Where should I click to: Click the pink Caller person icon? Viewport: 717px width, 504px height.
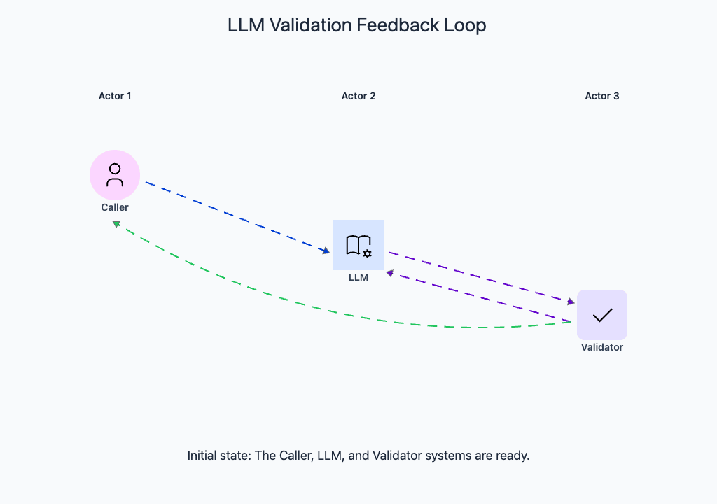pyautogui.click(x=115, y=174)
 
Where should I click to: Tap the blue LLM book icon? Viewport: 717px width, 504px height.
pyautogui.click(x=358, y=245)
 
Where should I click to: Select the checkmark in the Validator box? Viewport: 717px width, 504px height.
pyautogui.click(x=602, y=315)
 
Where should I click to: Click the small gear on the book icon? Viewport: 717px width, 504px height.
pyautogui.click(x=367, y=253)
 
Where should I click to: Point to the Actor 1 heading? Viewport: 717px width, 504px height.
pyautogui.click(x=115, y=96)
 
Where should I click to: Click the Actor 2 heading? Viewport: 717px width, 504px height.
pyautogui.click(x=358, y=96)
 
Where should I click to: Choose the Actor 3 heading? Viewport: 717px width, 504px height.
pyautogui.click(x=602, y=96)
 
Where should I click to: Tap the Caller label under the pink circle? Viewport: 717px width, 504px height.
pyautogui.click(x=115, y=207)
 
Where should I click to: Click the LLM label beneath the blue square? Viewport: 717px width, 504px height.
pyautogui.click(x=358, y=277)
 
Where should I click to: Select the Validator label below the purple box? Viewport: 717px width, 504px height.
pyautogui.click(x=602, y=347)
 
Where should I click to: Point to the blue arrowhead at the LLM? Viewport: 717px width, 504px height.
pyautogui.click(x=326, y=251)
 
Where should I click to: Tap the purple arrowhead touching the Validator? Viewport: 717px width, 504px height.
pyautogui.click(x=571, y=302)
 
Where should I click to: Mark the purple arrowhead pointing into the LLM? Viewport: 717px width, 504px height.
pyautogui.click(x=389, y=273)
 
